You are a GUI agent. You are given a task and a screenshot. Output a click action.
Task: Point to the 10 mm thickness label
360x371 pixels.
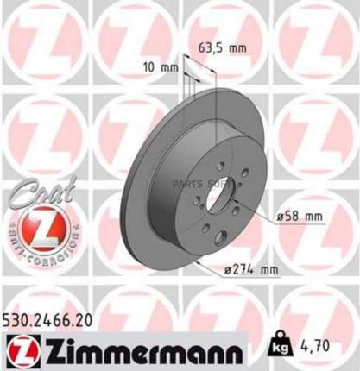[154, 66]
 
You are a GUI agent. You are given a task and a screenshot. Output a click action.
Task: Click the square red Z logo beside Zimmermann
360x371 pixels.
[16, 350]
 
